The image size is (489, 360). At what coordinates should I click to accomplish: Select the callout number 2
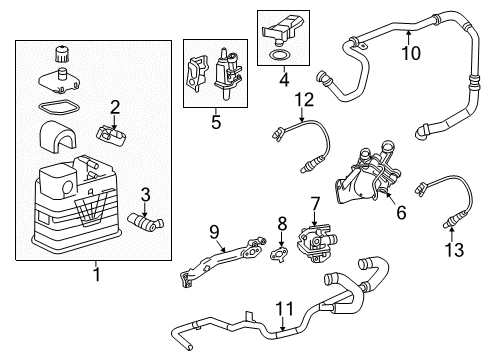(x=116, y=107)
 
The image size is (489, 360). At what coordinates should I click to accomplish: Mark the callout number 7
(x=314, y=202)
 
